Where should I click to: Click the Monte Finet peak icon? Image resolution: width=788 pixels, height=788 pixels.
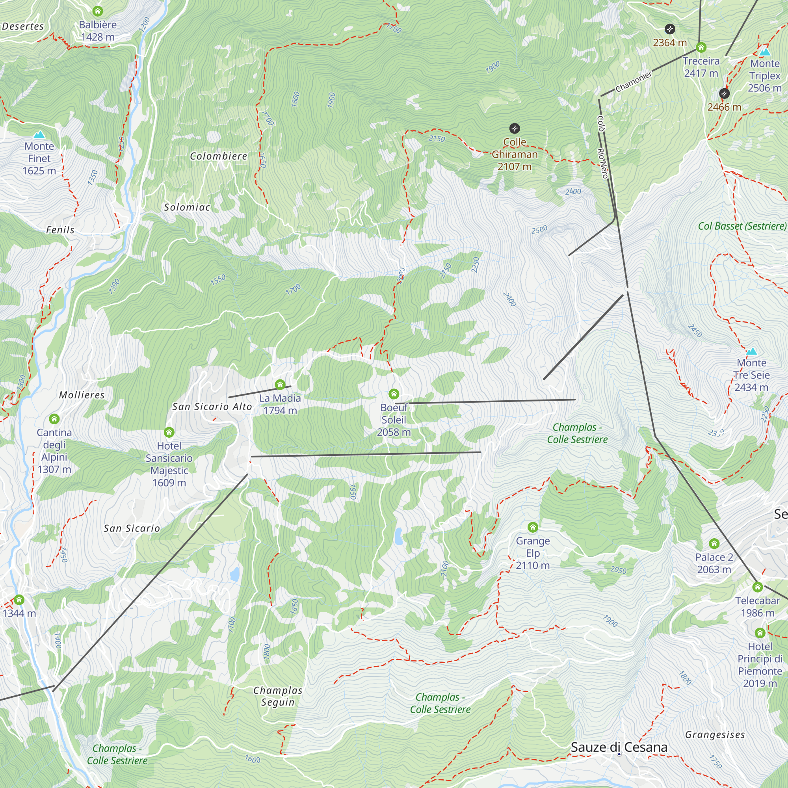click(x=39, y=135)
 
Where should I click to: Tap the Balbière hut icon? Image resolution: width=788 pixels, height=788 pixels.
click(x=97, y=11)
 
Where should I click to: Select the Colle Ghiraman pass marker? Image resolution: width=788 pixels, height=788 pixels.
click(x=515, y=129)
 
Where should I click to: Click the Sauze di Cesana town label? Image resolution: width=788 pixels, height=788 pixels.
click(x=619, y=747)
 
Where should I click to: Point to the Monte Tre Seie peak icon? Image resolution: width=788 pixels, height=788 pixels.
click(x=751, y=351)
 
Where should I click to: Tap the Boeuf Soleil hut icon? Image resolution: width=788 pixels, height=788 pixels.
click(x=394, y=394)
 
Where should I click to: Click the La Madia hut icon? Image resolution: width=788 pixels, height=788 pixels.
click(x=280, y=385)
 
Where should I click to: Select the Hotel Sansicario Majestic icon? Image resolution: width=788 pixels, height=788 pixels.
click(x=169, y=432)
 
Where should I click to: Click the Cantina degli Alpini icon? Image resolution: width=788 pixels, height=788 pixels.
click(x=54, y=419)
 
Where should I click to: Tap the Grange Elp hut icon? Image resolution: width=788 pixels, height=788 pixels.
click(x=533, y=528)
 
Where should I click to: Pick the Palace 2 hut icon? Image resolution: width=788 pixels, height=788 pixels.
click(x=714, y=544)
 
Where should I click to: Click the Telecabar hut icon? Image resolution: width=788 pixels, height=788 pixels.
click(x=757, y=587)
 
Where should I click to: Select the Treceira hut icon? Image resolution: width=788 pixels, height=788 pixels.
click(x=701, y=47)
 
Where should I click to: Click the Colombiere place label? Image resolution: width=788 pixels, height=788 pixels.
click(x=219, y=156)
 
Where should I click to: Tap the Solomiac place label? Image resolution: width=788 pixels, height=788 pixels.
click(x=187, y=207)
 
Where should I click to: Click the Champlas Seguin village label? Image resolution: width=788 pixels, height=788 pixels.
click(x=278, y=696)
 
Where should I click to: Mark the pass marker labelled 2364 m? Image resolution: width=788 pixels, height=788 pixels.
click(x=670, y=29)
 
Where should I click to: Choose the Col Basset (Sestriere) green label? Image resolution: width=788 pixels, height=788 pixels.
click(x=742, y=226)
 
